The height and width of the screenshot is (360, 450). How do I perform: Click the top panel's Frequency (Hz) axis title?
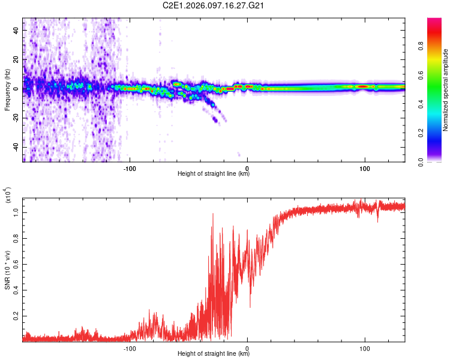[x=7, y=90]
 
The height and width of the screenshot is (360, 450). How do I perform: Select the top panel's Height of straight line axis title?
[x=214, y=174]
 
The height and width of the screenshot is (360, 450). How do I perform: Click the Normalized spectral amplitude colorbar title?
[x=446, y=90]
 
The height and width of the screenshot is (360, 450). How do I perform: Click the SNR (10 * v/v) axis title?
[x=7, y=269]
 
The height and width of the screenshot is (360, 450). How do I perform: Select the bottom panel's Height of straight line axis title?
[x=214, y=354]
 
